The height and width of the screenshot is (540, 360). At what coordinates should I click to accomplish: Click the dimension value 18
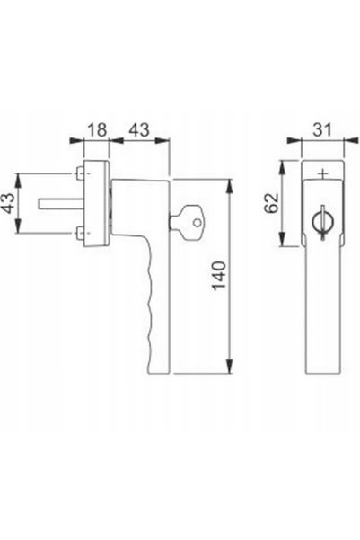coord(97,130)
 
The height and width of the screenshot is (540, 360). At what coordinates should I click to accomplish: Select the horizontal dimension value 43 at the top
coord(139,130)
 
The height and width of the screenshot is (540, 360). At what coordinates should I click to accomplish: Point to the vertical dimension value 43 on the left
coord(8,203)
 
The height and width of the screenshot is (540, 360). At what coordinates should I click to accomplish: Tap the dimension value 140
coord(219,276)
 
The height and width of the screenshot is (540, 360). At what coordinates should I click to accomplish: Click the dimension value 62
coord(273,203)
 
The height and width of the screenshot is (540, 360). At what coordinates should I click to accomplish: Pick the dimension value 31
coord(322,130)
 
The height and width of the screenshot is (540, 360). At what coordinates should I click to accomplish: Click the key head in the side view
coord(192,221)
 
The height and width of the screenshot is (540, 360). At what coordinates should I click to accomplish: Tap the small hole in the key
coord(197,223)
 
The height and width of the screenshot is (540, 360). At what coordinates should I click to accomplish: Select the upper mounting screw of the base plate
coord(80,173)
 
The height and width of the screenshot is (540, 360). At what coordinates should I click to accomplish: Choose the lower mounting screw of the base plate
coord(80,233)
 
